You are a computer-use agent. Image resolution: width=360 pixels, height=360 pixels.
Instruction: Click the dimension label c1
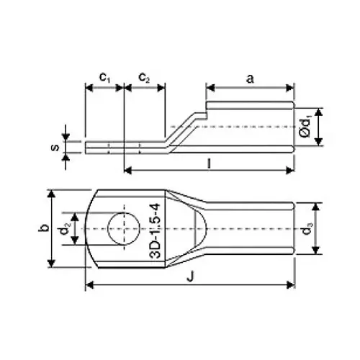click(104, 76)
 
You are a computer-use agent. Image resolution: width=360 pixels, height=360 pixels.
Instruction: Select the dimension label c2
click(144, 76)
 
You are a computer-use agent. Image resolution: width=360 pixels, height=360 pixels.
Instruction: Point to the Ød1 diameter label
click(306, 125)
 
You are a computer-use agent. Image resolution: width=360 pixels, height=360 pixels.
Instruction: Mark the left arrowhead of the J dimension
click(89, 285)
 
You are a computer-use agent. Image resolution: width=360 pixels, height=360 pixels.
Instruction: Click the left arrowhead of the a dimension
click(210, 89)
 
